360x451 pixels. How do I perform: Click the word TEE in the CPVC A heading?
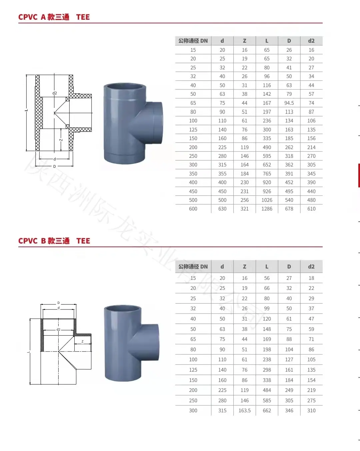click(x=83, y=17)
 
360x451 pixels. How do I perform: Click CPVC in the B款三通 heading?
click(x=28, y=241)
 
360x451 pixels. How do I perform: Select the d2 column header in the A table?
click(x=311, y=41)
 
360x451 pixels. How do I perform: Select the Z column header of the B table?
click(x=244, y=267)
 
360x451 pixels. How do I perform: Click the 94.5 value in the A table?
click(x=289, y=103)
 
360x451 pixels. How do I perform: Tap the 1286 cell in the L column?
click(x=267, y=209)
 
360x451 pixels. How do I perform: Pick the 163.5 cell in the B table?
click(x=244, y=410)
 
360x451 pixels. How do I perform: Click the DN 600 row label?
click(x=193, y=209)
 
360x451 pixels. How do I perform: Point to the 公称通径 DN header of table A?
click(x=193, y=41)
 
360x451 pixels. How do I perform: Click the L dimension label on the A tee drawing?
click(x=26, y=110)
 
